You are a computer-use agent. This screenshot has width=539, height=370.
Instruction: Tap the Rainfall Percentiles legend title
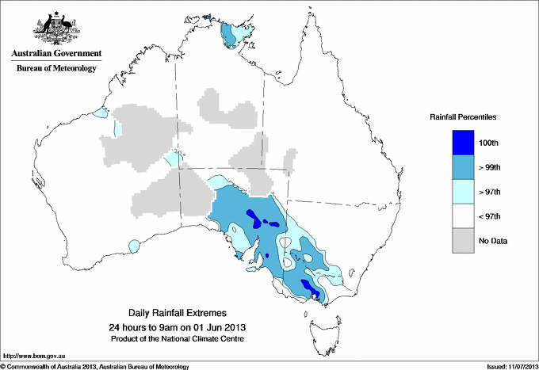[463, 117]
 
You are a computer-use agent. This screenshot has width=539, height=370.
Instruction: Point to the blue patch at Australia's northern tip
[231, 35]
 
